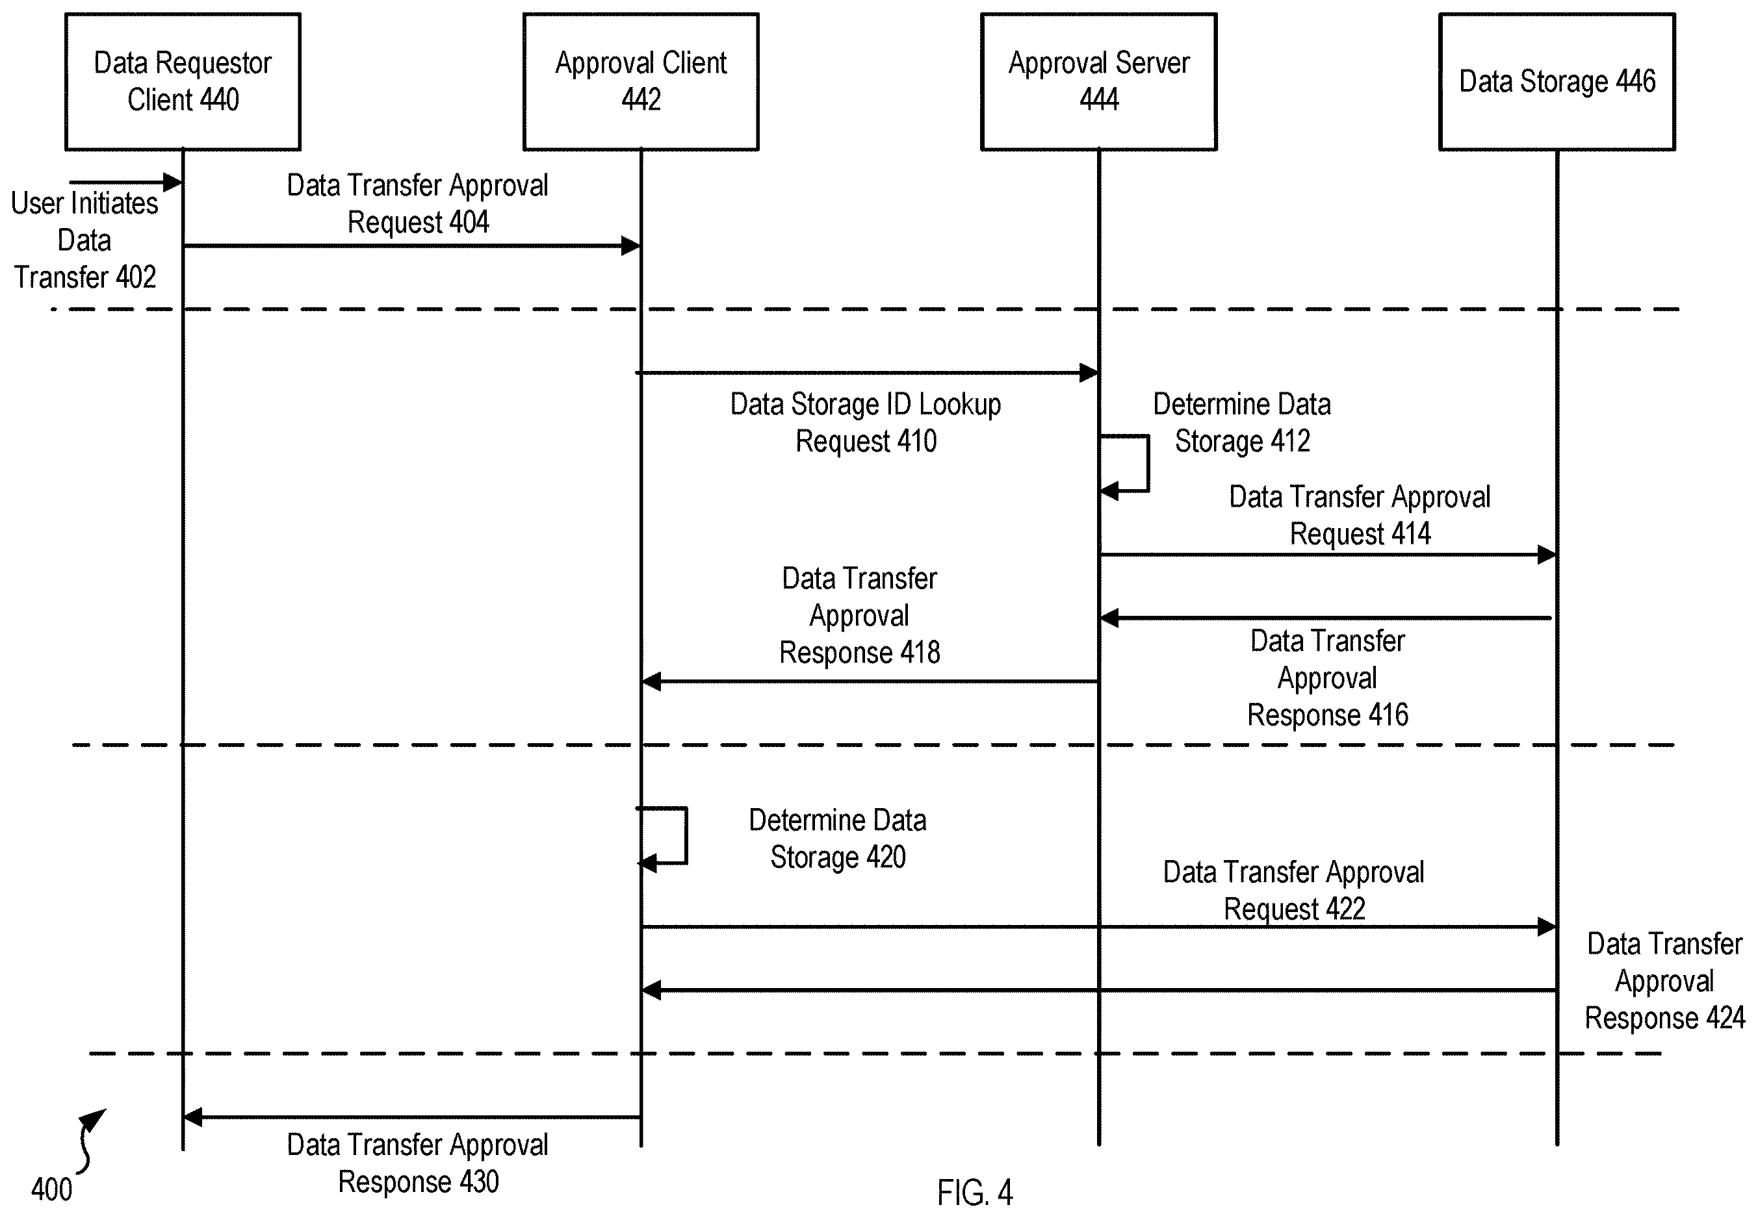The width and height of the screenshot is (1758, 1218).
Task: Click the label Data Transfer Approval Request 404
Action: (417, 204)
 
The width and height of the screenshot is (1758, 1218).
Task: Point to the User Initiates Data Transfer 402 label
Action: (84, 240)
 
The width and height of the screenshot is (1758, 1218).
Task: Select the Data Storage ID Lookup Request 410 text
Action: (866, 423)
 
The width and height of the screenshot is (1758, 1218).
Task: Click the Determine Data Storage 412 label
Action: (1242, 423)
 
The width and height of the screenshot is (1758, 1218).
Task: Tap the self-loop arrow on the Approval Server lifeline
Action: (1147, 463)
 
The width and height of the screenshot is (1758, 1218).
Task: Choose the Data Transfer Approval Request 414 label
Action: (1360, 515)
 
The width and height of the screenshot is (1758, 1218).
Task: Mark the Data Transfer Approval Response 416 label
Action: (1328, 678)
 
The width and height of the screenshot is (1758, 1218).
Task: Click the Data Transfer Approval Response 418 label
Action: (860, 615)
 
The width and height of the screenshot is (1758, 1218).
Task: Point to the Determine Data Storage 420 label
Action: (837, 839)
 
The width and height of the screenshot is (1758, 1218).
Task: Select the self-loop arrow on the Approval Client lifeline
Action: (686, 835)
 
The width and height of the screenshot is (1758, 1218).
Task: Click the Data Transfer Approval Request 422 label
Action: (1294, 891)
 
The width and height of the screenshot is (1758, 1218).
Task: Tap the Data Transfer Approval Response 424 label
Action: (1665, 981)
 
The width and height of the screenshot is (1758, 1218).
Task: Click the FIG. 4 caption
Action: (975, 1192)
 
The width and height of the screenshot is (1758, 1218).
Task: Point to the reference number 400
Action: (51, 1189)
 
